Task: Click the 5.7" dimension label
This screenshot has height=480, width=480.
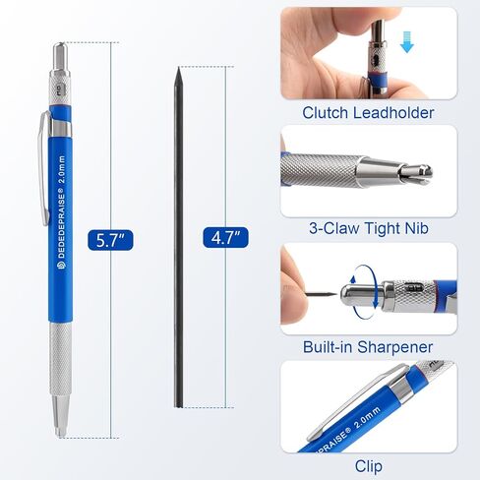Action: pos(110,239)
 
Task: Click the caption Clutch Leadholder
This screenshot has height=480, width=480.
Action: pos(369,113)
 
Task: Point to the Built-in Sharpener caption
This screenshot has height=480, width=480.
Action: pos(368,347)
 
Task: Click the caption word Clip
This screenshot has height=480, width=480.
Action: pos(369,465)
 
